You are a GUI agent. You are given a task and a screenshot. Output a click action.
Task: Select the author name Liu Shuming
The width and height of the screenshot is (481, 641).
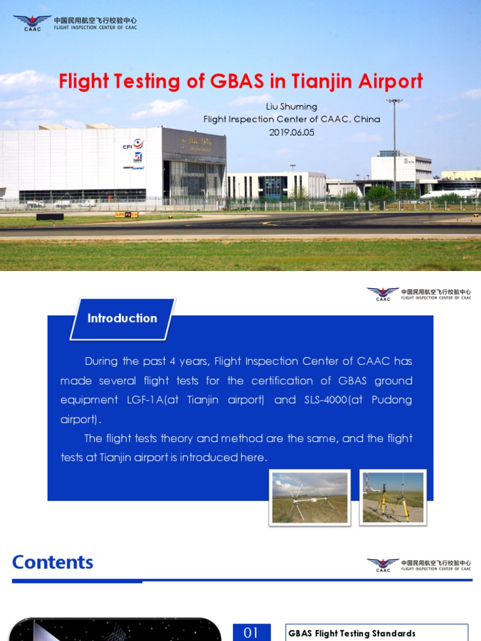click(x=291, y=107)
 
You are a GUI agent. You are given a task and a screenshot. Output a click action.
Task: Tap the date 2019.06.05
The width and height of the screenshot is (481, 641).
click(x=291, y=132)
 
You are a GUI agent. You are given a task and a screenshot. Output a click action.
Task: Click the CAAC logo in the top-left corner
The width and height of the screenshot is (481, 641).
click(x=32, y=23)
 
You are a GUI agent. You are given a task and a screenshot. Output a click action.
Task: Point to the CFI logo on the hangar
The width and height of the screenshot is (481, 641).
click(x=133, y=145)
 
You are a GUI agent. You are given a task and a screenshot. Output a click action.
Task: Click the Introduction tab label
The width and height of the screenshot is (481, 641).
click(x=122, y=318)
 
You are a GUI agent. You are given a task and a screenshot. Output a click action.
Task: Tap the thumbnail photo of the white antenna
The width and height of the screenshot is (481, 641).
click(x=310, y=497)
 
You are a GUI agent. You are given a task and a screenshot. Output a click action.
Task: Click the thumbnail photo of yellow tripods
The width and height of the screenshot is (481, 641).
click(x=393, y=497)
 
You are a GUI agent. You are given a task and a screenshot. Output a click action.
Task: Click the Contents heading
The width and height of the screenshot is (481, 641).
click(x=53, y=562)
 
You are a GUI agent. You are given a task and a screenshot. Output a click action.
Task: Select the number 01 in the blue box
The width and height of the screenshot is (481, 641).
click(x=251, y=632)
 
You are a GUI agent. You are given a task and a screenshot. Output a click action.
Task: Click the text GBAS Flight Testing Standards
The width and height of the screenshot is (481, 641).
click(x=351, y=633)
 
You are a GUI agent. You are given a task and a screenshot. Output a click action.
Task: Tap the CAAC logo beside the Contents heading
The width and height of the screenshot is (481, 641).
click(x=383, y=565)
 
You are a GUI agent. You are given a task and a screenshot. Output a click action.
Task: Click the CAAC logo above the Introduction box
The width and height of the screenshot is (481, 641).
click(x=383, y=294)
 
